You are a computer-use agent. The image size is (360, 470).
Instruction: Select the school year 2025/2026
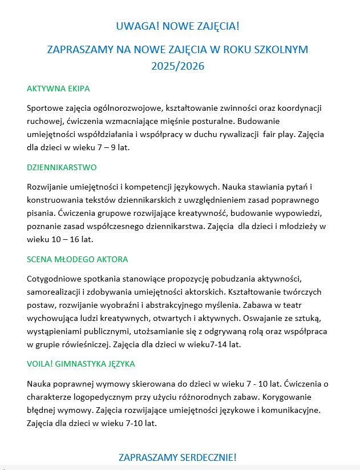point(177,66)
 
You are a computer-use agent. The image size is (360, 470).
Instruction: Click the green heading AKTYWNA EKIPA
point(58,89)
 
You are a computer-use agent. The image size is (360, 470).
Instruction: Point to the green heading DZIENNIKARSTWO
point(62,167)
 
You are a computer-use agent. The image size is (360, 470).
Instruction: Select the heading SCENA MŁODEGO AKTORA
point(77,259)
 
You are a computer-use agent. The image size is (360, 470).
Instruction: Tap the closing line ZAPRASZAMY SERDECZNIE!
point(177,457)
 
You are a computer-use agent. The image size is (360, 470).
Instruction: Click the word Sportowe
point(45,108)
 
